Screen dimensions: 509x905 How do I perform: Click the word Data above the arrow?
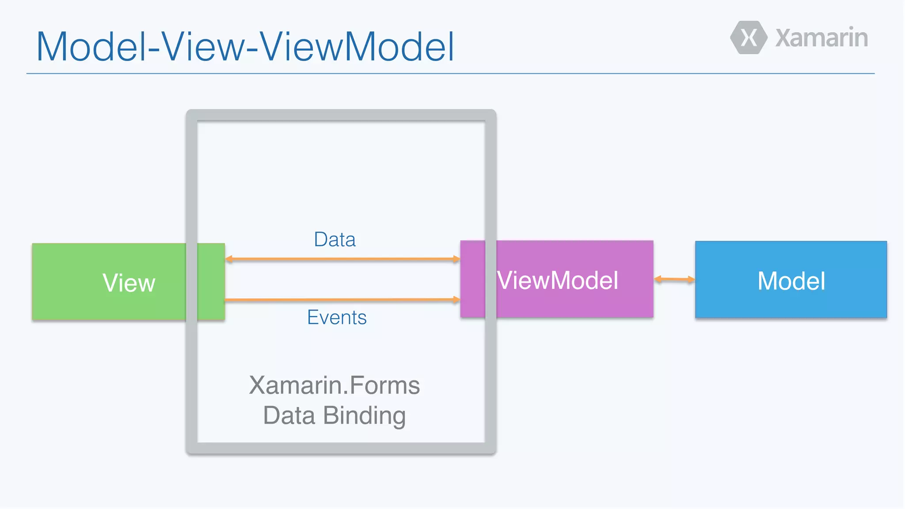(x=335, y=239)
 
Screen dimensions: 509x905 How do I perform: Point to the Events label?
(x=337, y=317)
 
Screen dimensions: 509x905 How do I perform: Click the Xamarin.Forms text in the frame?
(x=335, y=385)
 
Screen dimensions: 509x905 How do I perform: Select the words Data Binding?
(x=335, y=415)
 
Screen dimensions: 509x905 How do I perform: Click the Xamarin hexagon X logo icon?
(x=749, y=38)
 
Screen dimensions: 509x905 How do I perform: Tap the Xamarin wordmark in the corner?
(x=821, y=38)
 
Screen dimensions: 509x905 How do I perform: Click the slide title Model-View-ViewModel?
(x=245, y=46)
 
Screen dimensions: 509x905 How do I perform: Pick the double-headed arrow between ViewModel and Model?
(x=674, y=279)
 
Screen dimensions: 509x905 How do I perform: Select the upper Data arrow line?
(x=342, y=259)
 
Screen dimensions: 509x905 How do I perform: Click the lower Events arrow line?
(x=342, y=300)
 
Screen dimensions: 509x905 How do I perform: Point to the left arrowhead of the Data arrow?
(x=229, y=259)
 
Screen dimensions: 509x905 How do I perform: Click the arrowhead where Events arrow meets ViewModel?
(x=456, y=300)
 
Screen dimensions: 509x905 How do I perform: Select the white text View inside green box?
(x=129, y=283)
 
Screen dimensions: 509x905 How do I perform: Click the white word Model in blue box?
(x=791, y=281)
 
